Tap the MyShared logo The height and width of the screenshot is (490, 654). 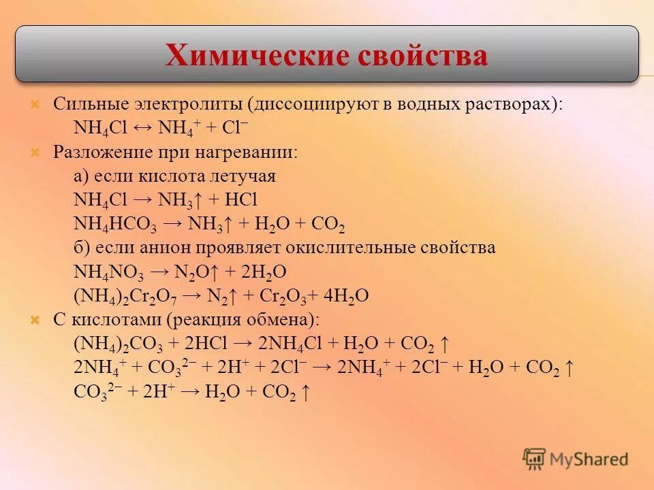[x=576, y=458]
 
